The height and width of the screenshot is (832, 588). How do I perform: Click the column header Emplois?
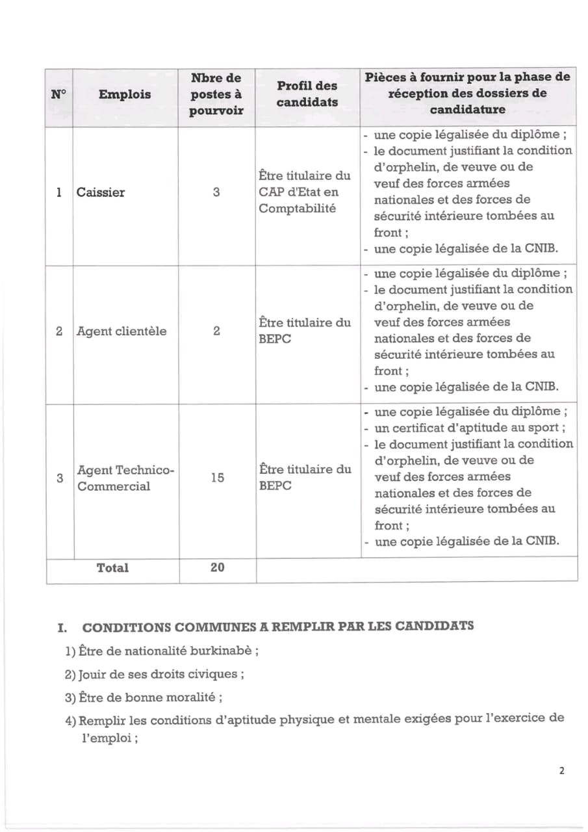(x=125, y=94)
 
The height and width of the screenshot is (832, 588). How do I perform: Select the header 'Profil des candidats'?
(x=307, y=94)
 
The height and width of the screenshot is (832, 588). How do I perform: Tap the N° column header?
(x=58, y=94)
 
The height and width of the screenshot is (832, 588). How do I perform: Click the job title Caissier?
(x=101, y=192)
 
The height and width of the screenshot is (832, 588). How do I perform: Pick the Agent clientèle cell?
(x=121, y=331)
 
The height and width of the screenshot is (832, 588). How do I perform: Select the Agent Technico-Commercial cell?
(x=125, y=478)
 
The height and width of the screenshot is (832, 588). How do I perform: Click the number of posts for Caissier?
(x=216, y=192)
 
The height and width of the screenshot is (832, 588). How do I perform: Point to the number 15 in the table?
(x=217, y=478)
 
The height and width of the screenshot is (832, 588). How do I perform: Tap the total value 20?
(x=217, y=567)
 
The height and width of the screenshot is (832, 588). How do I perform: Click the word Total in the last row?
(x=112, y=567)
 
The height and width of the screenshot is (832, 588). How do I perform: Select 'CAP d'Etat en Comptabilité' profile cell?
(x=305, y=192)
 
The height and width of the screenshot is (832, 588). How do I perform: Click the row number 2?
(x=59, y=331)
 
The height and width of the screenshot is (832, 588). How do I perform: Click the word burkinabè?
(x=222, y=651)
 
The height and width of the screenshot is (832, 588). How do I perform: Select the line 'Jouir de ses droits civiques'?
(x=160, y=674)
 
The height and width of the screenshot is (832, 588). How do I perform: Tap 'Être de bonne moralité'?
(x=150, y=697)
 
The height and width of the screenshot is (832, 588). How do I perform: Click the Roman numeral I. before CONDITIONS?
(x=62, y=628)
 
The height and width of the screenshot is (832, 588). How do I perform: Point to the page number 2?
(x=561, y=771)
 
